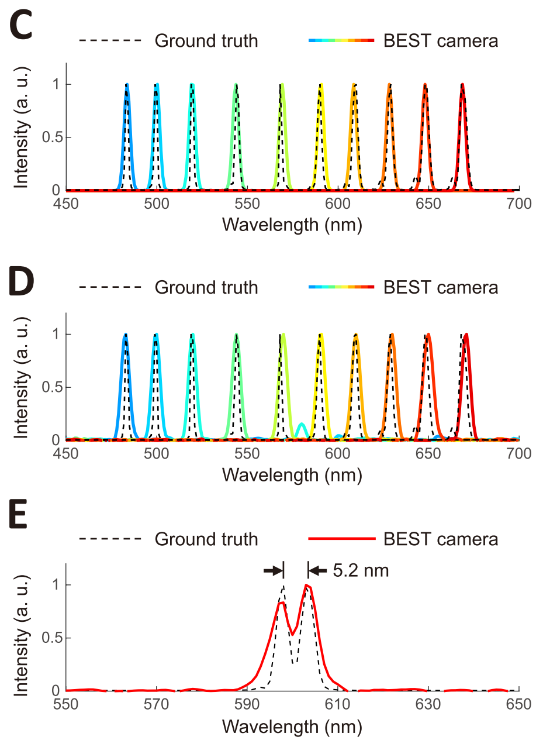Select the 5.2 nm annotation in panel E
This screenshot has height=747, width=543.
click(361, 570)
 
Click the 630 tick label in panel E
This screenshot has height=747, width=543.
click(428, 703)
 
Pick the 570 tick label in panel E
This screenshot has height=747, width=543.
click(157, 703)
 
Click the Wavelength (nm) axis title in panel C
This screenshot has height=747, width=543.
click(292, 223)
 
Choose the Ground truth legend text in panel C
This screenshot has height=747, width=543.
click(206, 41)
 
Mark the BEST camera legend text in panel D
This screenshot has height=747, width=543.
click(441, 287)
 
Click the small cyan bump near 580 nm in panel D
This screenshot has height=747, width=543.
click(302, 425)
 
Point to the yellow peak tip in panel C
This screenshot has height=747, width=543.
click(321, 85)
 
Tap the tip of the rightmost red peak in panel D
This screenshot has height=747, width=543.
click(466, 335)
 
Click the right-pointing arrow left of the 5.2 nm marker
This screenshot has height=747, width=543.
click(272, 570)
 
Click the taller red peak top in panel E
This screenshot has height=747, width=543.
click(306, 585)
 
